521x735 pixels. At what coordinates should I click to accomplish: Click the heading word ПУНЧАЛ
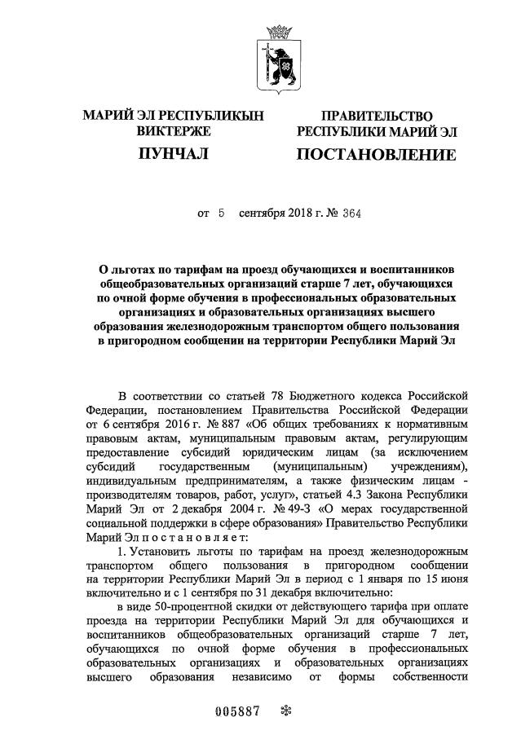[x=173, y=152]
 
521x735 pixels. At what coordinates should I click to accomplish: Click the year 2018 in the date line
[x=296, y=213]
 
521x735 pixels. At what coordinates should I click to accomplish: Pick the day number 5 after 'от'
[x=221, y=213]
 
